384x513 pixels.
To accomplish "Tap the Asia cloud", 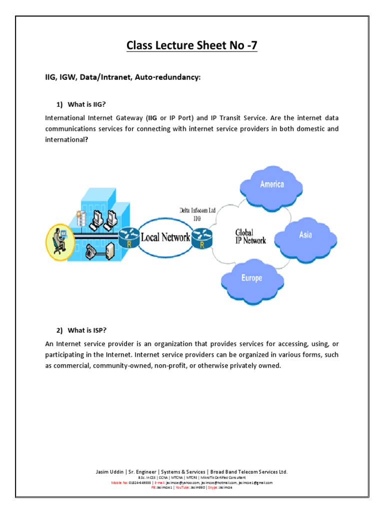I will [305, 234].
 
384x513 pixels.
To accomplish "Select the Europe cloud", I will [250, 278].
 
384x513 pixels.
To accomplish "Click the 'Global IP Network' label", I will [250, 236].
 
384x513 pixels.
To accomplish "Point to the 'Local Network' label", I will [165, 237].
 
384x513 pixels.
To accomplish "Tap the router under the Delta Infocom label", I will [201, 237].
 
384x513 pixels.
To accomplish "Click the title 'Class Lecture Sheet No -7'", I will [192, 46].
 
